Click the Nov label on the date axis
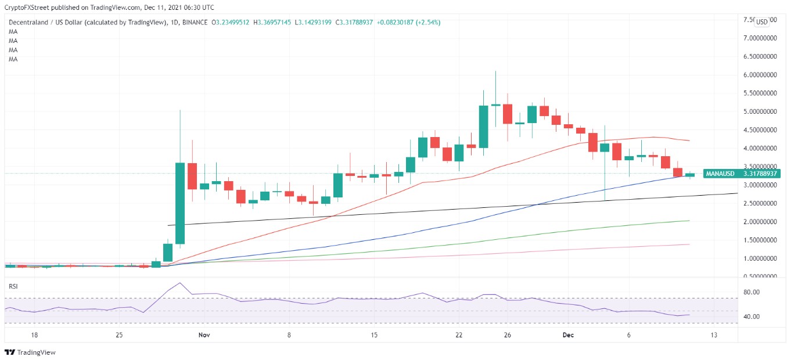[203, 335]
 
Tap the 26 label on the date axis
[507, 335]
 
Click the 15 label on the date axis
[374, 335]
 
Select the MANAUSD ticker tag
[720, 174]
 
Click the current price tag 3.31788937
[757, 174]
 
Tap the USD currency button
[761, 21]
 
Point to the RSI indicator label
[13, 286]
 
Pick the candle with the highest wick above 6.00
[495, 105]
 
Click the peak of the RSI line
[180, 283]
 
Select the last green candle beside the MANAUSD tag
[690, 174]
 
